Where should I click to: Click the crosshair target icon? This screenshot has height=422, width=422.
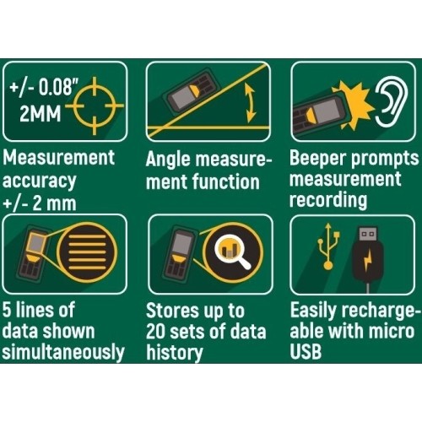coord(95,105)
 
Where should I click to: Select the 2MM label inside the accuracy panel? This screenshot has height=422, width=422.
coord(41,114)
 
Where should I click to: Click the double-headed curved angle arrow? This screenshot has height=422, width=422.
coord(250,103)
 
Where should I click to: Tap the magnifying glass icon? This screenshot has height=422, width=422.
coord(233,252)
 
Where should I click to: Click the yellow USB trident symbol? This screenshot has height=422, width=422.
coord(328,246)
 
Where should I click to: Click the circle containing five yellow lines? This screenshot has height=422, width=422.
coord(87,252)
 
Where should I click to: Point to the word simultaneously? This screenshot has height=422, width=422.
coord(63,353)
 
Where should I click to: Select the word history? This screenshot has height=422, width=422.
coord(175,353)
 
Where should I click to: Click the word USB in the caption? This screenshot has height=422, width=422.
coord(306,352)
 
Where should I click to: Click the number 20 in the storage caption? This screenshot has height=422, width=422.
coord(155,332)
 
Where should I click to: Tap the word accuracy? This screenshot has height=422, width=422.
coord(39,181)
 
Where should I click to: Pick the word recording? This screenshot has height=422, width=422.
coord(328,200)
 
